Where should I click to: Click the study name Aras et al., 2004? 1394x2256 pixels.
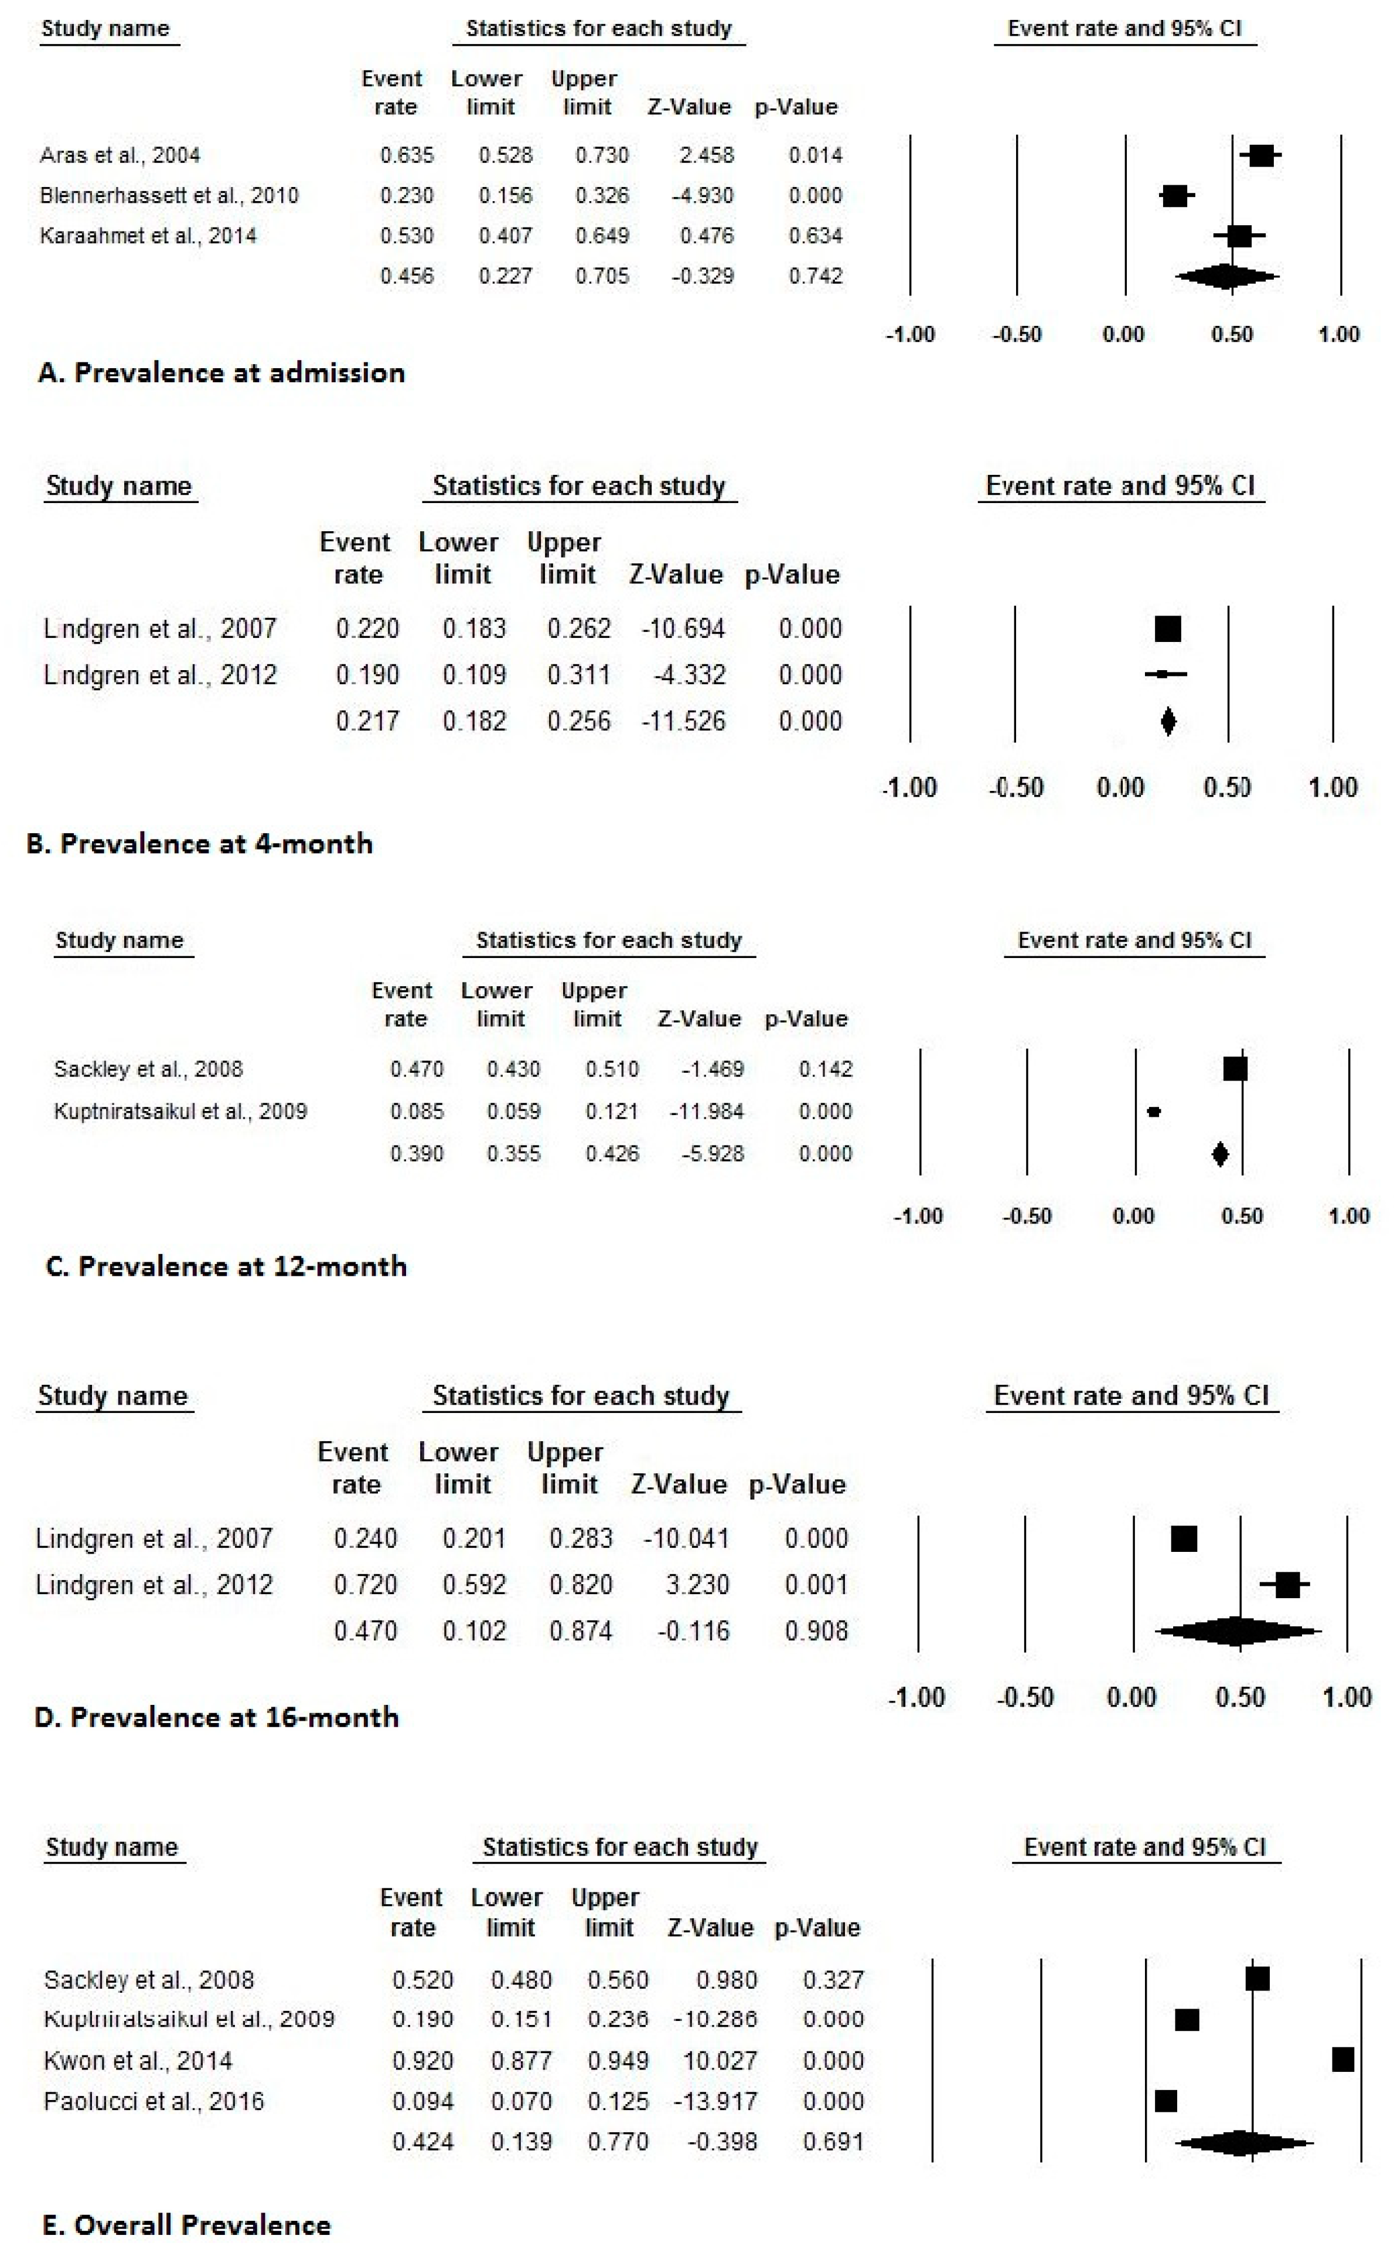120,155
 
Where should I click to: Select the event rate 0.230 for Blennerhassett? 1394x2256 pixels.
407,196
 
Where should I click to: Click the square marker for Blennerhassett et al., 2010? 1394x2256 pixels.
1175,196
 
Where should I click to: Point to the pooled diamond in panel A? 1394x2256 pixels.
1227,276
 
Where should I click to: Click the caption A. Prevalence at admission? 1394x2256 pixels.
221,373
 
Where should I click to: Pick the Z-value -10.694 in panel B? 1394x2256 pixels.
683,629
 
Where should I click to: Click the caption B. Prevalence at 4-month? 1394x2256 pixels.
199,843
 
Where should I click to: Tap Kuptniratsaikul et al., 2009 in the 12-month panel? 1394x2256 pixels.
180,1112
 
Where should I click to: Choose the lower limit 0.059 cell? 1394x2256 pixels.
513,1112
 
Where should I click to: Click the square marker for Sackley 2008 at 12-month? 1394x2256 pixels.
1235,1069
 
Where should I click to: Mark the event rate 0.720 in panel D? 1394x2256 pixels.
365,1585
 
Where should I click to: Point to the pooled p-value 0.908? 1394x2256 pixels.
816,1630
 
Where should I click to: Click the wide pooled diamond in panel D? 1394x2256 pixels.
1238,1630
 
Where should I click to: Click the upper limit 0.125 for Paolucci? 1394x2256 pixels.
618,2101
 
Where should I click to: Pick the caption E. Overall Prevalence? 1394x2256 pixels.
186,2225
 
